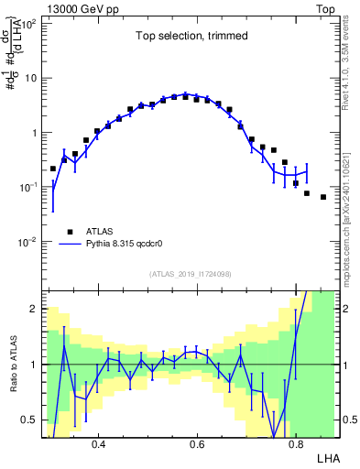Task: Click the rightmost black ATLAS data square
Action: click(323, 197)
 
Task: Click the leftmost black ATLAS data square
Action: click(53, 169)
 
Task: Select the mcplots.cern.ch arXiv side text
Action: click(351, 211)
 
